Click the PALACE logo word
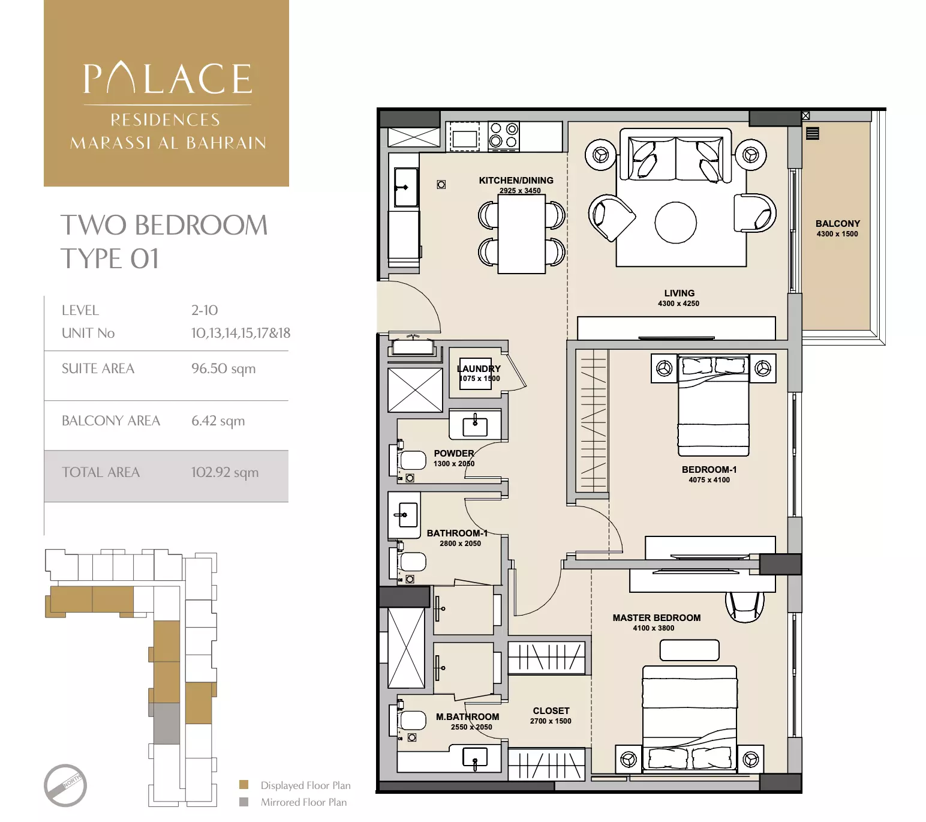pos(167,79)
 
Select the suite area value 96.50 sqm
pos(223,368)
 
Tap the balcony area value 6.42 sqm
pos(218,421)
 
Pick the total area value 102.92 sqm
pos(225,472)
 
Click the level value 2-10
pos(205,310)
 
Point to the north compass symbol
pos(65,785)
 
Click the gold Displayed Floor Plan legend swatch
pos(243,785)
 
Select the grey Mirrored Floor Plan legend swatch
pos(243,802)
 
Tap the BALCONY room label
pos(837,223)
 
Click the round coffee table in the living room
pos(675,222)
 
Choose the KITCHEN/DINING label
pos(516,180)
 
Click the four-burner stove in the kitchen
pos(503,136)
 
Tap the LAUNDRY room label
pos(479,368)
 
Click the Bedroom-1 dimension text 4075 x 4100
pos(709,480)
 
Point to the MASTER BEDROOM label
pos(656,617)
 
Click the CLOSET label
pos(551,710)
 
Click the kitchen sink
pos(405,187)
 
